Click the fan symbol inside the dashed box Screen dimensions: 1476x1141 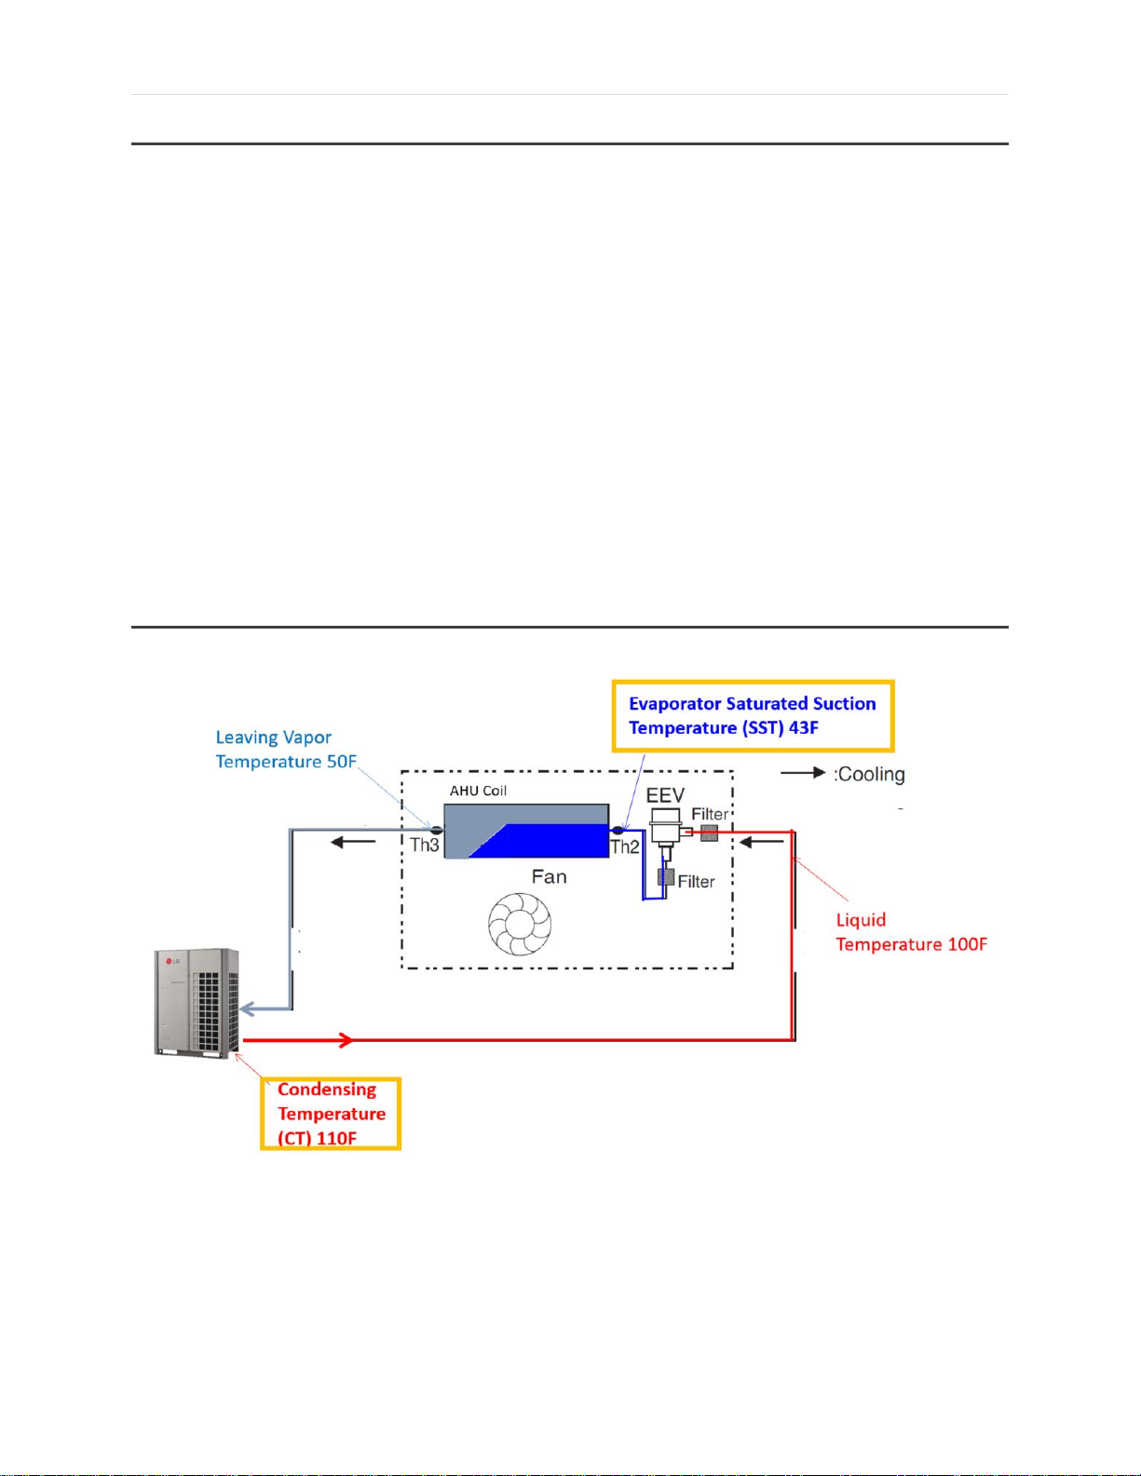tap(520, 924)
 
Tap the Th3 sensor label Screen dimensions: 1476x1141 tap(424, 846)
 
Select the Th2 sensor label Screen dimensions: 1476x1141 tap(624, 846)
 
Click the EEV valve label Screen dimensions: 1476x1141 tap(665, 795)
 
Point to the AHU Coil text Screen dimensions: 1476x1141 tap(478, 791)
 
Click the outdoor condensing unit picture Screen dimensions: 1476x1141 tap(196, 1003)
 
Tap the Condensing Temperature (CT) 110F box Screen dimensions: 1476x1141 tap(330, 1114)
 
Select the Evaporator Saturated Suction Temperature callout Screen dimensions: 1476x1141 tap(752, 715)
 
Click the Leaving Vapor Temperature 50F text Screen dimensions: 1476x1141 tap(285, 750)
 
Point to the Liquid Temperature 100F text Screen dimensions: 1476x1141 tap(910, 932)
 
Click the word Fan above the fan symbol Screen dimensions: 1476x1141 tap(549, 876)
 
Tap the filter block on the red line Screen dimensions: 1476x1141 tap(709, 833)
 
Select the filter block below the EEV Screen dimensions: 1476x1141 tap(665, 877)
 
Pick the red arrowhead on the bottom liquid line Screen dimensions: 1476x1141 tap(346, 1040)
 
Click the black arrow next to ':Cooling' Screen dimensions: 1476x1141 tap(803, 773)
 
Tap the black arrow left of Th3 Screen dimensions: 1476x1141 tap(353, 842)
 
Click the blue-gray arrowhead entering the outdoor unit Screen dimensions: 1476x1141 tap(249, 1009)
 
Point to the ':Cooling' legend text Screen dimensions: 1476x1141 tap(869, 774)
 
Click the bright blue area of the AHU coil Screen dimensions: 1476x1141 tap(550, 842)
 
